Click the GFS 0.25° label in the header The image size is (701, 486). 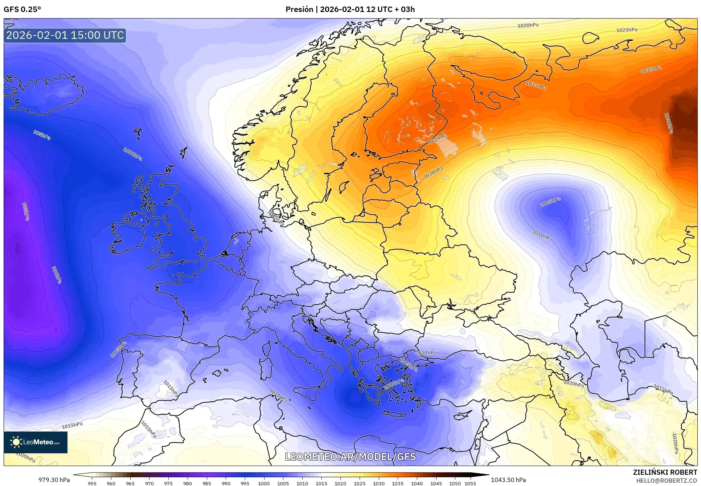point(22,9)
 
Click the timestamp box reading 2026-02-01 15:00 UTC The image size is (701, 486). point(65,35)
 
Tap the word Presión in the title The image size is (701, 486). point(299,9)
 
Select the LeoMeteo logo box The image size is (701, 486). point(36,442)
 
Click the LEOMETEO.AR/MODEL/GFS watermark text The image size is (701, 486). point(350,457)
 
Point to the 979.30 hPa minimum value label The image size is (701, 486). point(54,480)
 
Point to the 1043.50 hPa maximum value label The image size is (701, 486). point(508,480)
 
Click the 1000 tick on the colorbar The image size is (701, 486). point(264,483)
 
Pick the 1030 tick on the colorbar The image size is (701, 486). point(378,483)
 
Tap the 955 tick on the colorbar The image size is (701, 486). point(92,483)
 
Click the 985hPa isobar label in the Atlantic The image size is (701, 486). point(26,211)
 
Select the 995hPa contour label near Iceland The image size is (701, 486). point(42,135)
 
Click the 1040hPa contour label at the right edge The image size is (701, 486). point(668,123)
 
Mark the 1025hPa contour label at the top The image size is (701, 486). point(627,30)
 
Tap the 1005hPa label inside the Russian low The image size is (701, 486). point(550,202)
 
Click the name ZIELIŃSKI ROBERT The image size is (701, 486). point(665,473)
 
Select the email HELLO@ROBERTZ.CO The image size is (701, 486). point(667,481)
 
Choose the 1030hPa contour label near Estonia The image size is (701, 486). point(433,172)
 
